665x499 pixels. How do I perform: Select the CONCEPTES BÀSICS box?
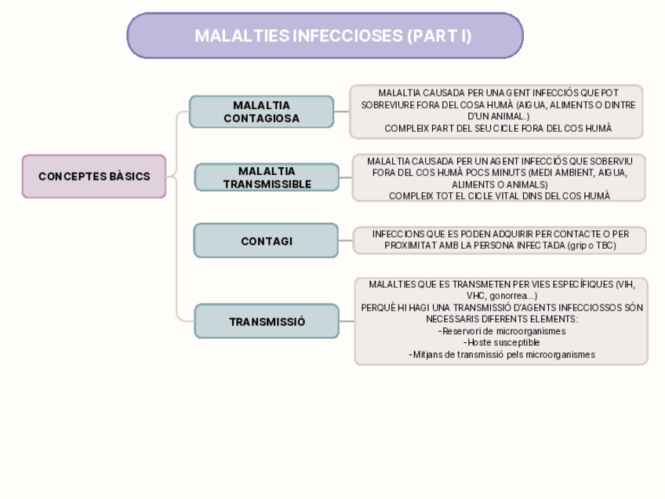click(94, 177)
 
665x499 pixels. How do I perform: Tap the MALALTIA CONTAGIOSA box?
click(261, 111)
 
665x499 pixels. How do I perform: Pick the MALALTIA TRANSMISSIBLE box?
click(267, 177)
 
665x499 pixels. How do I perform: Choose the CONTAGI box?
click(266, 242)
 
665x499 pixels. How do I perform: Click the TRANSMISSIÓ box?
click(267, 322)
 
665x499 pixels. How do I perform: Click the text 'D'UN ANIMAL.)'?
click(498, 116)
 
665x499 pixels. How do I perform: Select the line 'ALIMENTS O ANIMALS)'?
click(500, 184)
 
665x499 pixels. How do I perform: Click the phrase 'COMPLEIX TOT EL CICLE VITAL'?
click(452, 196)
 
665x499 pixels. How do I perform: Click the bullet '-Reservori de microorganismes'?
click(502, 331)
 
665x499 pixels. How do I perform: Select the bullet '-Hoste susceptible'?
click(502, 343)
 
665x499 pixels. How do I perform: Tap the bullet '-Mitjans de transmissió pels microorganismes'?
click(502, 355)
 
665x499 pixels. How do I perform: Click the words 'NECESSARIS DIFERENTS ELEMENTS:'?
click(502, 319)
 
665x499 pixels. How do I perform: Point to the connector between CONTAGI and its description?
click(346, 241)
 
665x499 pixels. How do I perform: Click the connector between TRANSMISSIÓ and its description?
click(347, 322)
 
